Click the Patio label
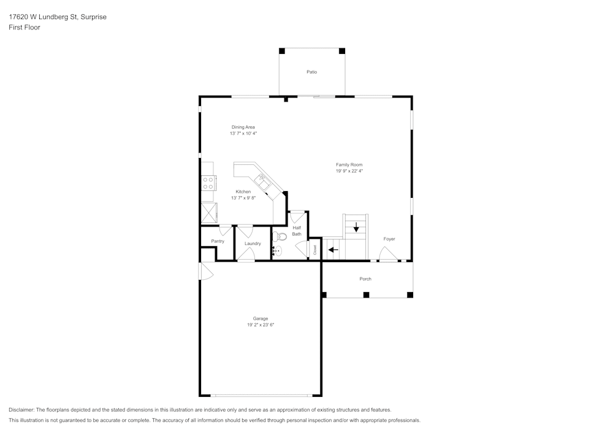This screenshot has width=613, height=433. [x=311, y=72]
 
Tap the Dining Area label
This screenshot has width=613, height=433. [x=243, y=127]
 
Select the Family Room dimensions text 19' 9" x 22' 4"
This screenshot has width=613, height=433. [x=349, y=171]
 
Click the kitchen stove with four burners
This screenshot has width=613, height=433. [x=208, y=183]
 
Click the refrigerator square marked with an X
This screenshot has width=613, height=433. [x=209, y=213]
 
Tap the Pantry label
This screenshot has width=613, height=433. [x=218, y=241]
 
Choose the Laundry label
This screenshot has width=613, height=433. [x=253, y=244]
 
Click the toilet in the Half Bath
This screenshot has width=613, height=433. [x=279, y=236]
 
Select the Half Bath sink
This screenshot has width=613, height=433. [x=277, y=251]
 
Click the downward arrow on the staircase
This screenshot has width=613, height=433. [x=356, y=227]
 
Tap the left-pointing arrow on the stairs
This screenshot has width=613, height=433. [x=333, y=249]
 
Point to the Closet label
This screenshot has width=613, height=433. [x=315, y=250]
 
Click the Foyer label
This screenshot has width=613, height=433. [x=389, y=239]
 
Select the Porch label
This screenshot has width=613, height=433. [x=365, y=279]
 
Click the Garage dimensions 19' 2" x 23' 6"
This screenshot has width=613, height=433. [x=261, y=325]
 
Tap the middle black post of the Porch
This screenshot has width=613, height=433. [x=367, y=295]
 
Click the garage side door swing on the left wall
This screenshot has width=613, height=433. [x=206, y=271]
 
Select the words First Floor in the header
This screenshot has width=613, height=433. [x=25, y=28]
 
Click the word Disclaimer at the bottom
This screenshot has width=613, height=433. [x=21, y=410]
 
